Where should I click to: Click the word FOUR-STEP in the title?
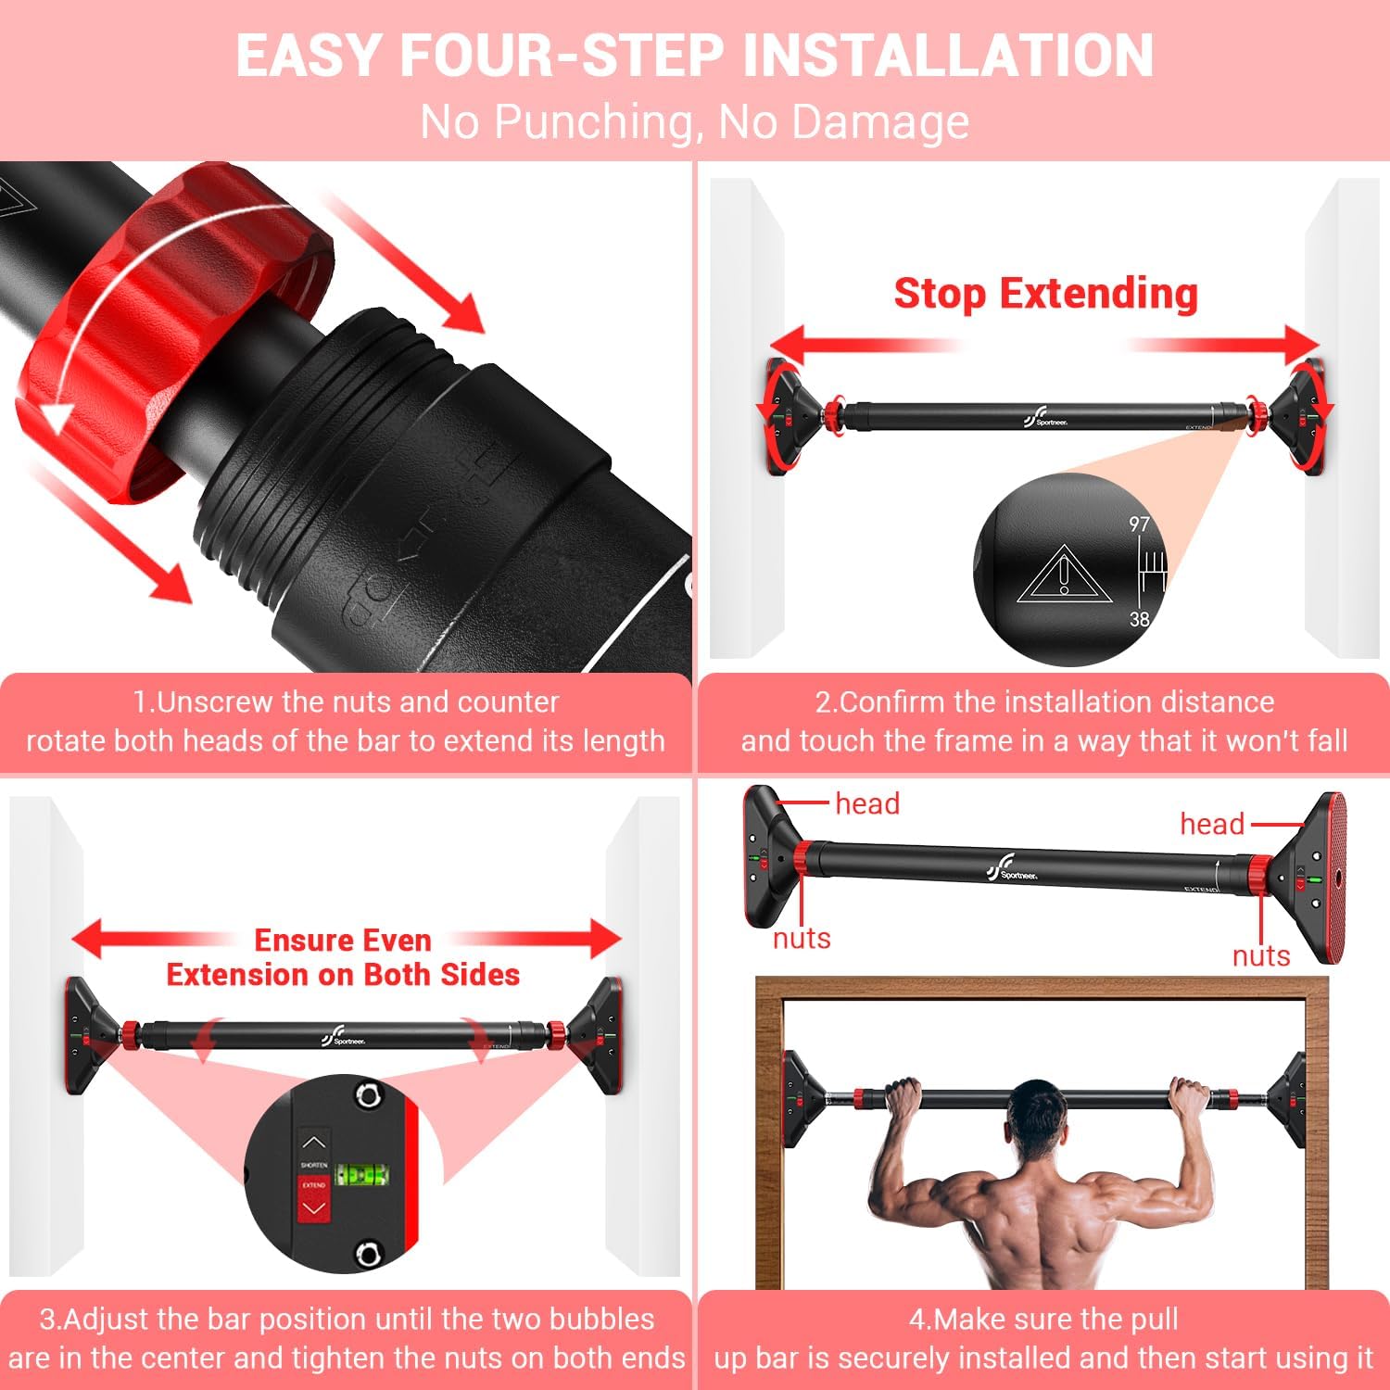coord(560,56)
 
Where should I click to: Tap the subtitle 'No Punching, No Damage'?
coord(694,121)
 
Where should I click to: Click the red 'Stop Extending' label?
coord(1045,294)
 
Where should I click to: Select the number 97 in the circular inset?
coord(1139,524)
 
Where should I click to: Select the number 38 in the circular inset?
coord(1139,619)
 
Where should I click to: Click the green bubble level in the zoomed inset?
coord(361,1175)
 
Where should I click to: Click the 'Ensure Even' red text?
coord(343,941)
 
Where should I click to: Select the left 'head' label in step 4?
coord(867,803)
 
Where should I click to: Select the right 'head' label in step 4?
coord(1211,824)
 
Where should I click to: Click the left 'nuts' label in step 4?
coord(802,939)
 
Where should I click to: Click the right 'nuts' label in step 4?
coord(1260,955)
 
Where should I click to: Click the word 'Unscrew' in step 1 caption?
coord(218,701)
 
